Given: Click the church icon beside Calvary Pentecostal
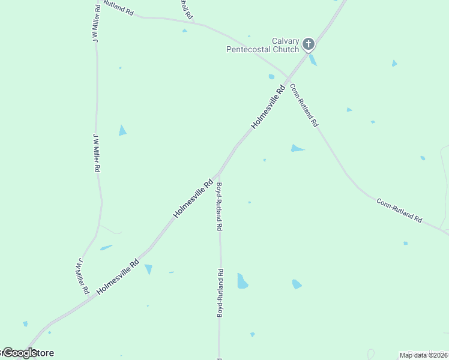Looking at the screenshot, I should pos(309,44).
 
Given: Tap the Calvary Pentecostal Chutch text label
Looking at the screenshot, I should pos(262,45).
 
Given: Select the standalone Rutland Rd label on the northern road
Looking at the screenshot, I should pos(118,8).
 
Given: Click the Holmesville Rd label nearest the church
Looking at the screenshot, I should pos(268,107).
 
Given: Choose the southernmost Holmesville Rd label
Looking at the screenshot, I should pos(118,276).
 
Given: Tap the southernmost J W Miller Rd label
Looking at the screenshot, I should pos(83,276).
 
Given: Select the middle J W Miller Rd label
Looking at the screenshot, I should pos(96,152).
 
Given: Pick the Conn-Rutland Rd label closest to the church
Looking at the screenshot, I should pos(304,105).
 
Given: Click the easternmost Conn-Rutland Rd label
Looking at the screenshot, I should pos(399,210).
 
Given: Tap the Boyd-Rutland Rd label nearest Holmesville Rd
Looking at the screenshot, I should pos(220,206).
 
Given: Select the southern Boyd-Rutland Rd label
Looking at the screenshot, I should pos(220,293).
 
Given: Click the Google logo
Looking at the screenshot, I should pos(20,352).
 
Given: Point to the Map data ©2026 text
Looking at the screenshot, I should pos(423,355).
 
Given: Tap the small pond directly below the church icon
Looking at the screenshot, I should pos(313,59).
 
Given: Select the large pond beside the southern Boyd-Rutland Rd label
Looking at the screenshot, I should pos(242,281).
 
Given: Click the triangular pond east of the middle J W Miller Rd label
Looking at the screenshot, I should pos(122,130).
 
